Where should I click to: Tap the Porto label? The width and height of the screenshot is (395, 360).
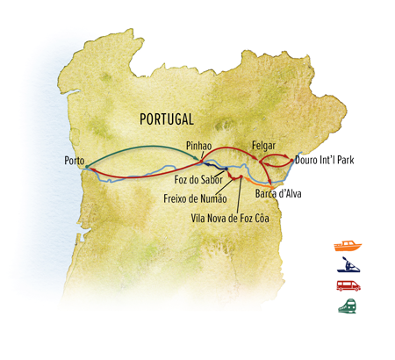[x=75, y=161]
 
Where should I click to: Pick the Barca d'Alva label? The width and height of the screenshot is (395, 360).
[x=278, y=192]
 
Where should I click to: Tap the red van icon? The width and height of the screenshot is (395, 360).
[x=347, y=285]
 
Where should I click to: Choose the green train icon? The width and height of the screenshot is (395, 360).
[x=347, y=306]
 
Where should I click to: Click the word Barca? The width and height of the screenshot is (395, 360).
[x=266, y=192]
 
